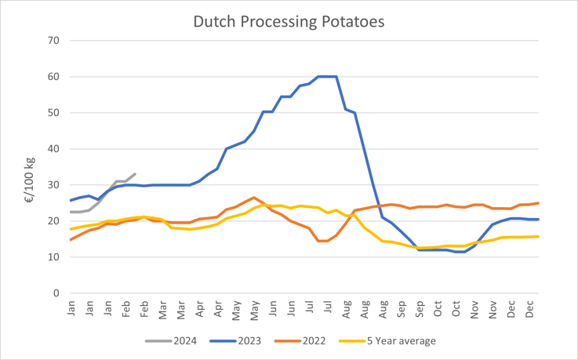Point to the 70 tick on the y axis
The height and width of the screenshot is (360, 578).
(x=53, y=40)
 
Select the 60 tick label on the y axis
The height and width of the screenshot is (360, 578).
(x=53, y=76)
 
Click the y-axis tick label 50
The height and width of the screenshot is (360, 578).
(x=53, y=112)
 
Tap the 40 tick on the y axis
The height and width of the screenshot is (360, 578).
(x=53, y=148)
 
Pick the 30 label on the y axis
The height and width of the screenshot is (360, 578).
(x=53, y=184)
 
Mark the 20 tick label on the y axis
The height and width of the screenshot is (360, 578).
(x=53, y=220)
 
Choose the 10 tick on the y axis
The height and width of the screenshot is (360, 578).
(x=53, y=257)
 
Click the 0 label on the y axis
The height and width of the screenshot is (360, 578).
(x=56, y=293)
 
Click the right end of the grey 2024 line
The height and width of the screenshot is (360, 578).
(x=135, y=174)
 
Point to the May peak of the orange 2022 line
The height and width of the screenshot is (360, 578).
(x=254, y=198)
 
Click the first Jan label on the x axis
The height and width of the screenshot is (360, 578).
(x=71, y=309)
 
